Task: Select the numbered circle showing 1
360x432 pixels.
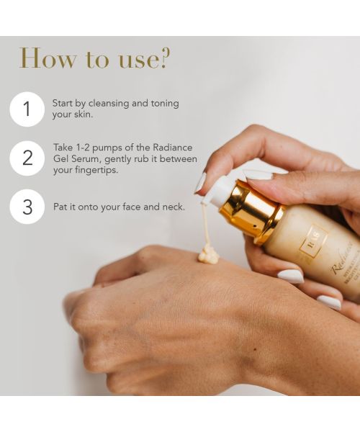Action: point(27,109)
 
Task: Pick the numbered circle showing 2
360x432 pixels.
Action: point(27,158)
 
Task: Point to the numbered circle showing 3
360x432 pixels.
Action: point(27,207)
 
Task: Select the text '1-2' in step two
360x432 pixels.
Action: point(84,148)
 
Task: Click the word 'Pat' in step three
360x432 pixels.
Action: point(60,207)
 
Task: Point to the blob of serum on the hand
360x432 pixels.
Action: point(208,254)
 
